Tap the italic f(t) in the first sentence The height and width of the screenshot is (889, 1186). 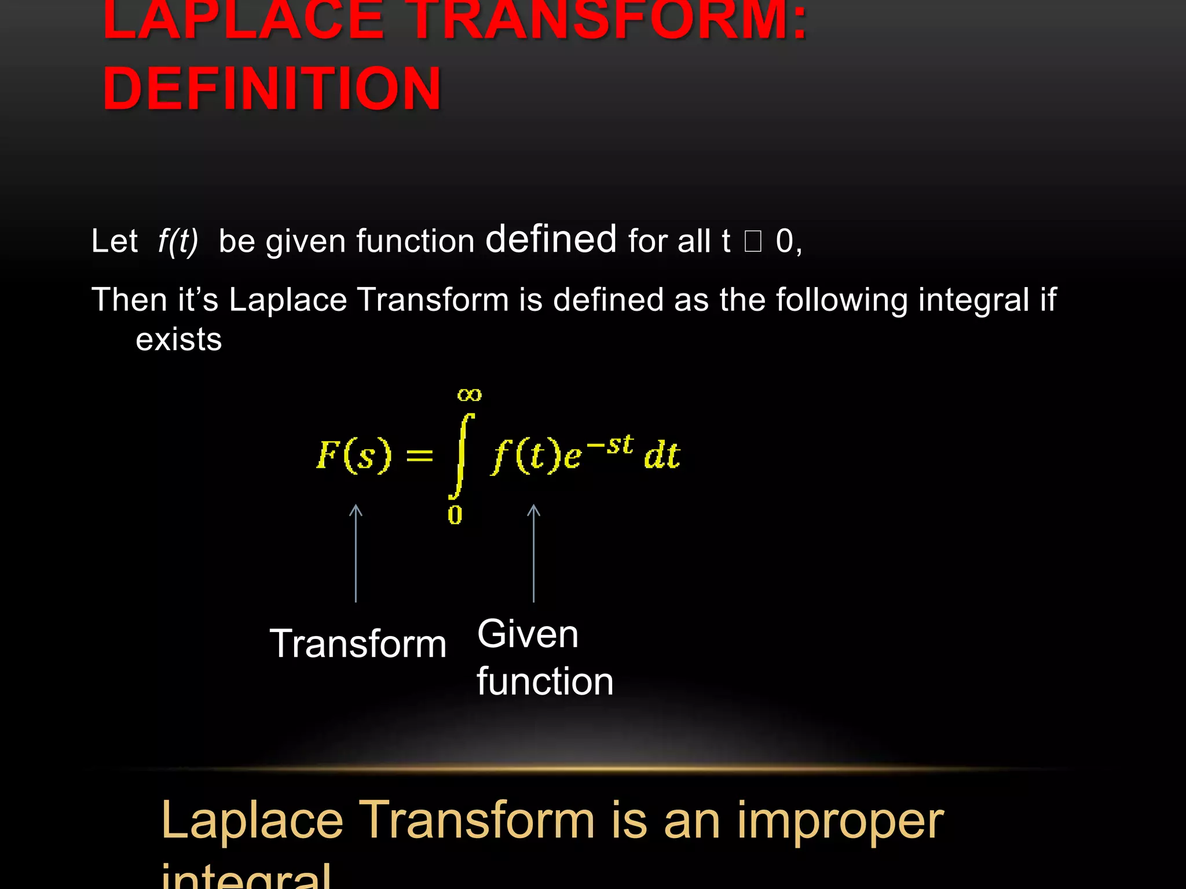pos(178,241)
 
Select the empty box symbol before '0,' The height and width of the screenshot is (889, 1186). pos(752,241)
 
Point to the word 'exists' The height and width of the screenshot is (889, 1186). pos(178,339)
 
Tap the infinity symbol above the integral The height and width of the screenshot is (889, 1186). pos(469,395)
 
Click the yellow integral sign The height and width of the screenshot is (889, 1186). pos(461,456)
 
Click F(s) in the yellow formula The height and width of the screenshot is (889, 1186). pos(354,455)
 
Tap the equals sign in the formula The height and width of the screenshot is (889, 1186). pos(419,455)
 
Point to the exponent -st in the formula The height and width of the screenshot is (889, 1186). pos(610,445)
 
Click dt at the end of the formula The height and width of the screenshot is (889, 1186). pos(662,455)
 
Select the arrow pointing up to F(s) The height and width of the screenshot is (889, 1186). pos(356,553)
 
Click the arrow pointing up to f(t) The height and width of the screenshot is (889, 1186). pos(533,553)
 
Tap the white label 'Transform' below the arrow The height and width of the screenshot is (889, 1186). pos(358,644)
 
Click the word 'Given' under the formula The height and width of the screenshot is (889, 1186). pos(528,634)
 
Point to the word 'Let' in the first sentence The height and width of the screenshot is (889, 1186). pos(115,241)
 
